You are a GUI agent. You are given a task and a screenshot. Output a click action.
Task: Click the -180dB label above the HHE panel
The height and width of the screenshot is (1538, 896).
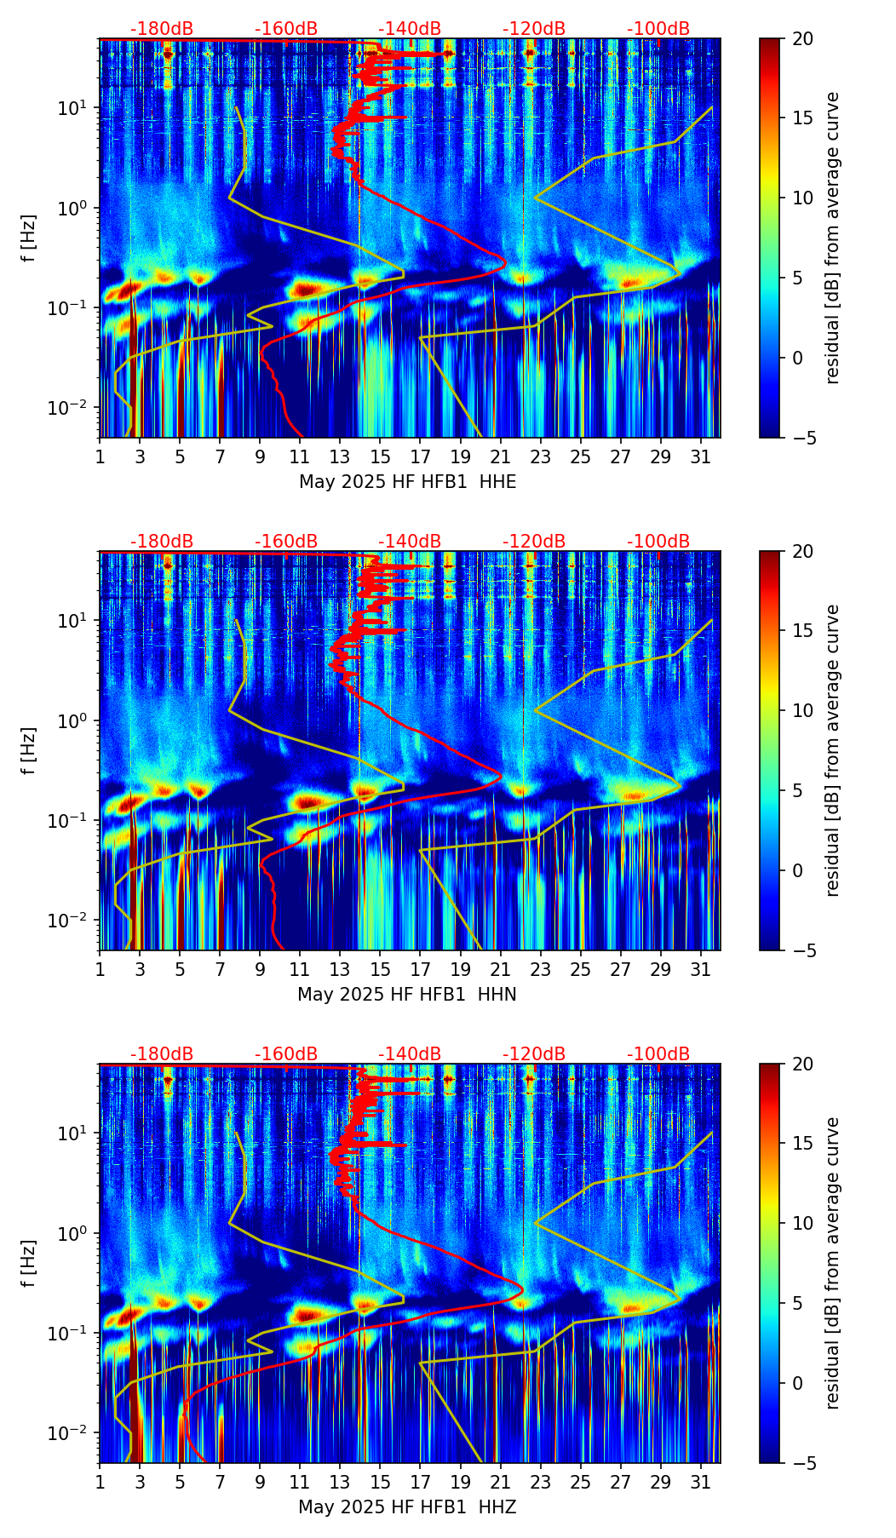pos(162,29)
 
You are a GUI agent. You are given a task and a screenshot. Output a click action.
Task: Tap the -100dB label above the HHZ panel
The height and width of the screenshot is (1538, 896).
pos(658,1054)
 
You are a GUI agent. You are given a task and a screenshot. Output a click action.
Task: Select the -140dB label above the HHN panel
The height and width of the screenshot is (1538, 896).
pos(410,542)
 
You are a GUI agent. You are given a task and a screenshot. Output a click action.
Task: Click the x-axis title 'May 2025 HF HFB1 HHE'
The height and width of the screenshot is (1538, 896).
pos(407,482)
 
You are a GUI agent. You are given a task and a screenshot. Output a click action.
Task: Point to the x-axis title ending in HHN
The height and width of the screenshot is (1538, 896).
pos(407,995)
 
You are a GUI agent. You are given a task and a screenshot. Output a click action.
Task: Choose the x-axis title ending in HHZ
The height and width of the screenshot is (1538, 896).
pos(407,1507)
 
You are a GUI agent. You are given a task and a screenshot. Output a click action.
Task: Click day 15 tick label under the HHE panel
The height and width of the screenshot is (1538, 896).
pos(380,457)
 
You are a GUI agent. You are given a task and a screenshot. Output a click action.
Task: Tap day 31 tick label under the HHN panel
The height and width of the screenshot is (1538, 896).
pos(701,970)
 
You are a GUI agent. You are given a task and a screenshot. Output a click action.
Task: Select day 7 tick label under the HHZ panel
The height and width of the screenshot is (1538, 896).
pos(220,1483)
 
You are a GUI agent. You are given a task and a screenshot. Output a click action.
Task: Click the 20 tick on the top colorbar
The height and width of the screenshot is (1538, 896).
pos(802,39)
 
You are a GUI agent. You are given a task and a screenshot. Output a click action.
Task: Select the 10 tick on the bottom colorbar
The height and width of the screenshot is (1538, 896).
pos(802,1223)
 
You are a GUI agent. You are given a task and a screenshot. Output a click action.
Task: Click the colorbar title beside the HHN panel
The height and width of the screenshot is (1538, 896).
pos(833,750)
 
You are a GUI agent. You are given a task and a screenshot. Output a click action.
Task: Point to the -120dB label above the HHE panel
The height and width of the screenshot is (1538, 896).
pos(534,29)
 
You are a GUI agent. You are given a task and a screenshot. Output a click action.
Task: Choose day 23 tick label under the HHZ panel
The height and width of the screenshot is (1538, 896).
pos(540,1483)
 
